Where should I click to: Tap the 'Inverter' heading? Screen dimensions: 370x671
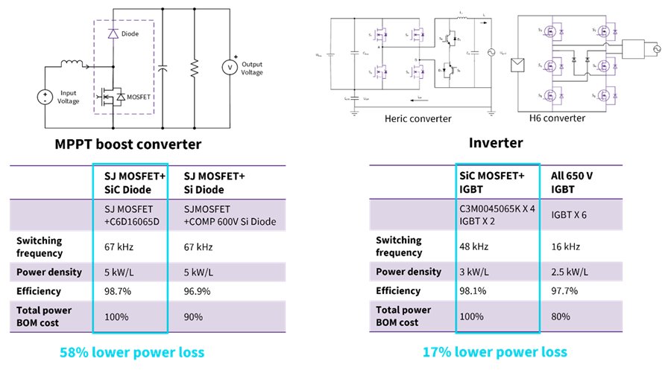pyautogui.click(x=495, y=142)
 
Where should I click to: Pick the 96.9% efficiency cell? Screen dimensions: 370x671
pyautogui.click(x=198, y=291)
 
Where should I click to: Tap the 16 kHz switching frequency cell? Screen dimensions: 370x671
pyautogui.click(x=562, y=246)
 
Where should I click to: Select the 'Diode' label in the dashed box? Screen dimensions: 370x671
pyautogui.click(x=131, y=34)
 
